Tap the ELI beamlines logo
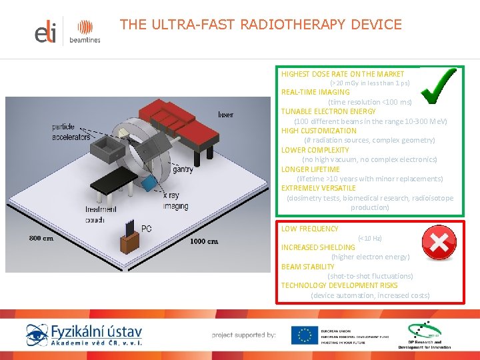(67, 31)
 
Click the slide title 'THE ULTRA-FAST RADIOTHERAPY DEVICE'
(261, 25)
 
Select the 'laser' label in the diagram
(225, 115)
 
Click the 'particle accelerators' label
(71, 132)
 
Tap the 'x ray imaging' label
(175, 201)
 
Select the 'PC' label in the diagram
(146, 228)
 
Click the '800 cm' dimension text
(41, 238)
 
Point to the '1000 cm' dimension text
(205, 241)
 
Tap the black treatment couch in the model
(113, 180)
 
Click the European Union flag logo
(305, 335)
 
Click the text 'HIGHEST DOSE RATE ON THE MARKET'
(343, 74)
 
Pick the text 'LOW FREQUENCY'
(310, 229)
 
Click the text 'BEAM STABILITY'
(308, 267)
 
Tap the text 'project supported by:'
(244, 335)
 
